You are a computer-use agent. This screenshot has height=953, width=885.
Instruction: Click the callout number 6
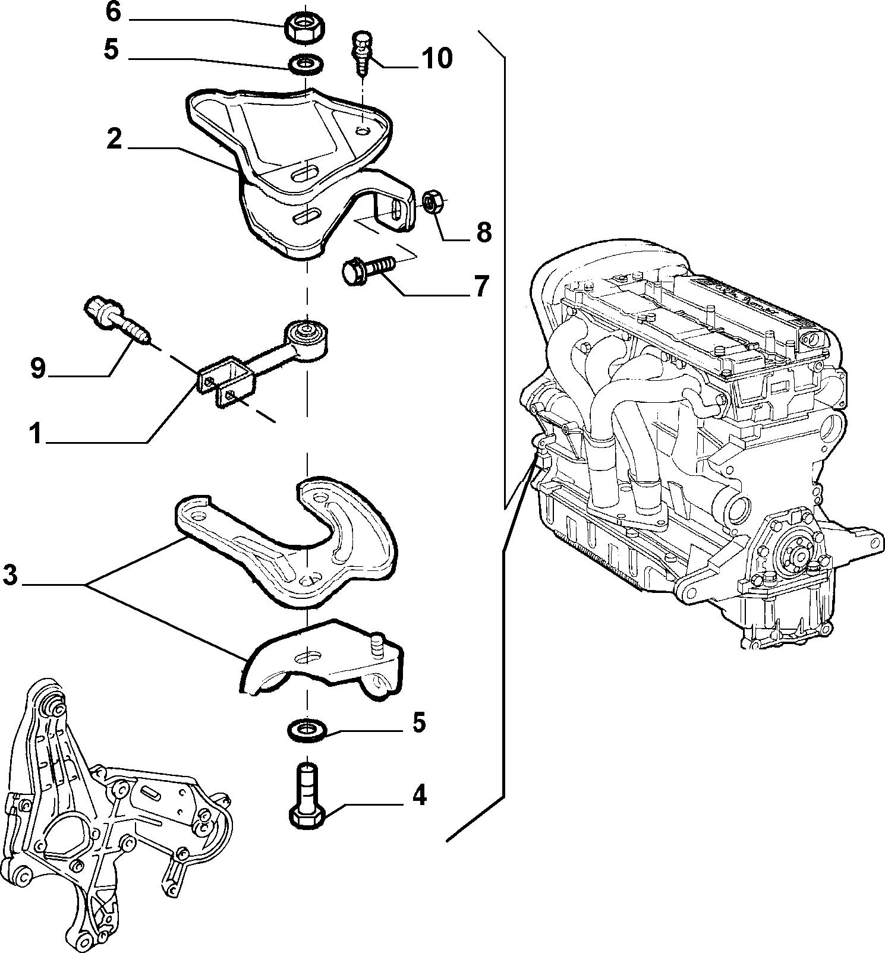tap(114, 12)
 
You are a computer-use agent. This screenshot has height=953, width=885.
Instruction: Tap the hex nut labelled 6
tap(303, 27)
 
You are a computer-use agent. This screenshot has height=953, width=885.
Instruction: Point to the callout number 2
tap(114, 140)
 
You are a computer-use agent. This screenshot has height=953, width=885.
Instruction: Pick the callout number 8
tap(484, 233)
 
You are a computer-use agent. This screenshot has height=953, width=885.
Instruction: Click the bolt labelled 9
tap(115, 321)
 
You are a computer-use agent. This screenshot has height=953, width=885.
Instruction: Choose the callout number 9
tap(37, 369)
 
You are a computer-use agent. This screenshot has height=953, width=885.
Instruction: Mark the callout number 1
tap(36, 434)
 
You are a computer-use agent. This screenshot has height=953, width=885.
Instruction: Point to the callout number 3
tap(10, 576)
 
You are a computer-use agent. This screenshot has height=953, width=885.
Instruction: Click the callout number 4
tap(420, 795)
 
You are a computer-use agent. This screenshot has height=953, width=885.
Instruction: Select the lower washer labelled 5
tap(307, 730)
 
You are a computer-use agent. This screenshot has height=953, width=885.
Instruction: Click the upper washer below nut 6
tap(307, 63)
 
